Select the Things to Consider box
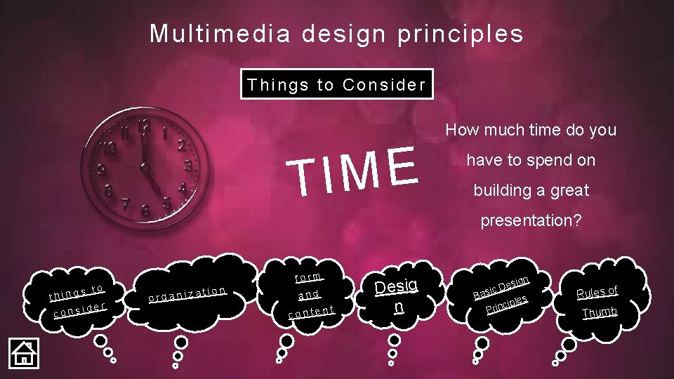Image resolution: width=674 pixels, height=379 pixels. tap(336, 85)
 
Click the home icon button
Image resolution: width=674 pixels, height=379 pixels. tap(23, 352)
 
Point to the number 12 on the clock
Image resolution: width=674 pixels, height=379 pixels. tap(145, 127)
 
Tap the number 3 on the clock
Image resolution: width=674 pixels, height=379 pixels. tap(188, 166)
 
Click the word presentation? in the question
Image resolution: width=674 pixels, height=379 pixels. tap(530, 220)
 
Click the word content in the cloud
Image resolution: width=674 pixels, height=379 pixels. tap(311, 310)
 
